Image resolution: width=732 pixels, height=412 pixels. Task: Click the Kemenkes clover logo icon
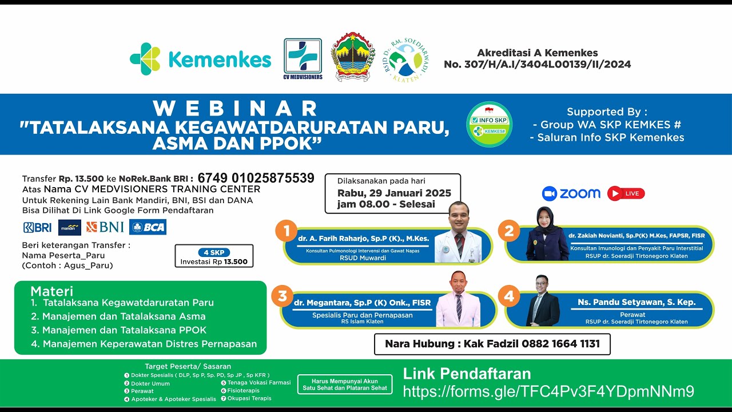(x=145, y=59)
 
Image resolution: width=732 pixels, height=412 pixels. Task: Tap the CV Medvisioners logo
(x=303, y=58)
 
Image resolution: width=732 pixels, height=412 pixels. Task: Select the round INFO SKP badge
(x=489, y=124)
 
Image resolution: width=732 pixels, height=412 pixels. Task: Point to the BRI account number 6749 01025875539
(x=256, y=178)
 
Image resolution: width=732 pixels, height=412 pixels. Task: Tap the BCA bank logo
(x=148, y=227)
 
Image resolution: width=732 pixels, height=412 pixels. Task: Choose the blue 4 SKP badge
(x=214, y=252)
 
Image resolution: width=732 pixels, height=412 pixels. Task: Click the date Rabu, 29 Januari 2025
(x=394, y=193)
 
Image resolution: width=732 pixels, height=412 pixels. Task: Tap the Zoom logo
(x=571, y=193)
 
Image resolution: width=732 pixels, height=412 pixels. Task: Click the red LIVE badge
(x=626, y=193)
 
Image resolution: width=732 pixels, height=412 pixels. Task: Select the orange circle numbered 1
(x=286, y=232)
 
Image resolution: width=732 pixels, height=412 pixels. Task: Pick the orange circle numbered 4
(x=508, y=296)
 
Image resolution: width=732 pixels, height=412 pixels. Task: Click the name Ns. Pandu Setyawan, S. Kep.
(x=636, y=302)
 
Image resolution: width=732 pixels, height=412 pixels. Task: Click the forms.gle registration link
(x=548, y=391)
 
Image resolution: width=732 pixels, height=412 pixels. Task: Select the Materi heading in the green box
(x=51, y=291)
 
